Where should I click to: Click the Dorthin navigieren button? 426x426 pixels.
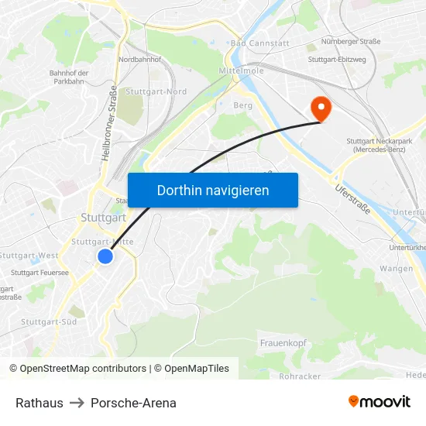point(213,190)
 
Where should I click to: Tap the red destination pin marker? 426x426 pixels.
point(319,108)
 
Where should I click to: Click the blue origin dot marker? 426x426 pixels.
point(105,256)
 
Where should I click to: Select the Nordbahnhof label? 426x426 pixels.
point(140,59)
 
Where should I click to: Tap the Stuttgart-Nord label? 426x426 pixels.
point(156,91)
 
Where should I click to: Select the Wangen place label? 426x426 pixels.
point(396,269)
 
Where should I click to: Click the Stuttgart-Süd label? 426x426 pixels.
point(49,321)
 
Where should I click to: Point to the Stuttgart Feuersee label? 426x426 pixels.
point(40,272)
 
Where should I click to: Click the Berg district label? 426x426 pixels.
point(242,105)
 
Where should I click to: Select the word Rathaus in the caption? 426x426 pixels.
point(40,403)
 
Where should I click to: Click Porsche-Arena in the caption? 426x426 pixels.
point(133,403)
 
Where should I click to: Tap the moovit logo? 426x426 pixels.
point(379,401)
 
